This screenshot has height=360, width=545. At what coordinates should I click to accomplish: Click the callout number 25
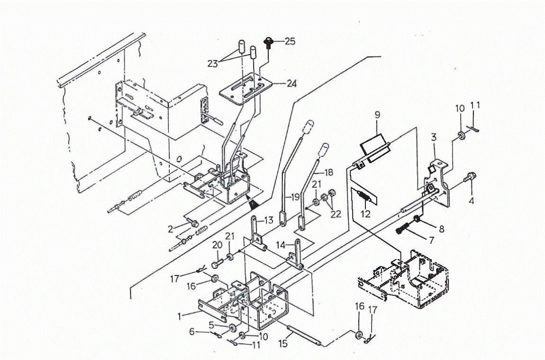(290, 42)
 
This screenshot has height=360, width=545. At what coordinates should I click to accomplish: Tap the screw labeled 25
(269, 42)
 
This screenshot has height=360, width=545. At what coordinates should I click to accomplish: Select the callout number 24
(291, 83)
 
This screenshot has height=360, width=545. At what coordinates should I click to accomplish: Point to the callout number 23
(213, 63)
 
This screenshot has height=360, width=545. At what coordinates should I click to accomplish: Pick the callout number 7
(431, 240)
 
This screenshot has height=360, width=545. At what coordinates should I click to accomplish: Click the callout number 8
(441, 229)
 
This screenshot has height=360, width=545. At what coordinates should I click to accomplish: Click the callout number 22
(336, 214)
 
